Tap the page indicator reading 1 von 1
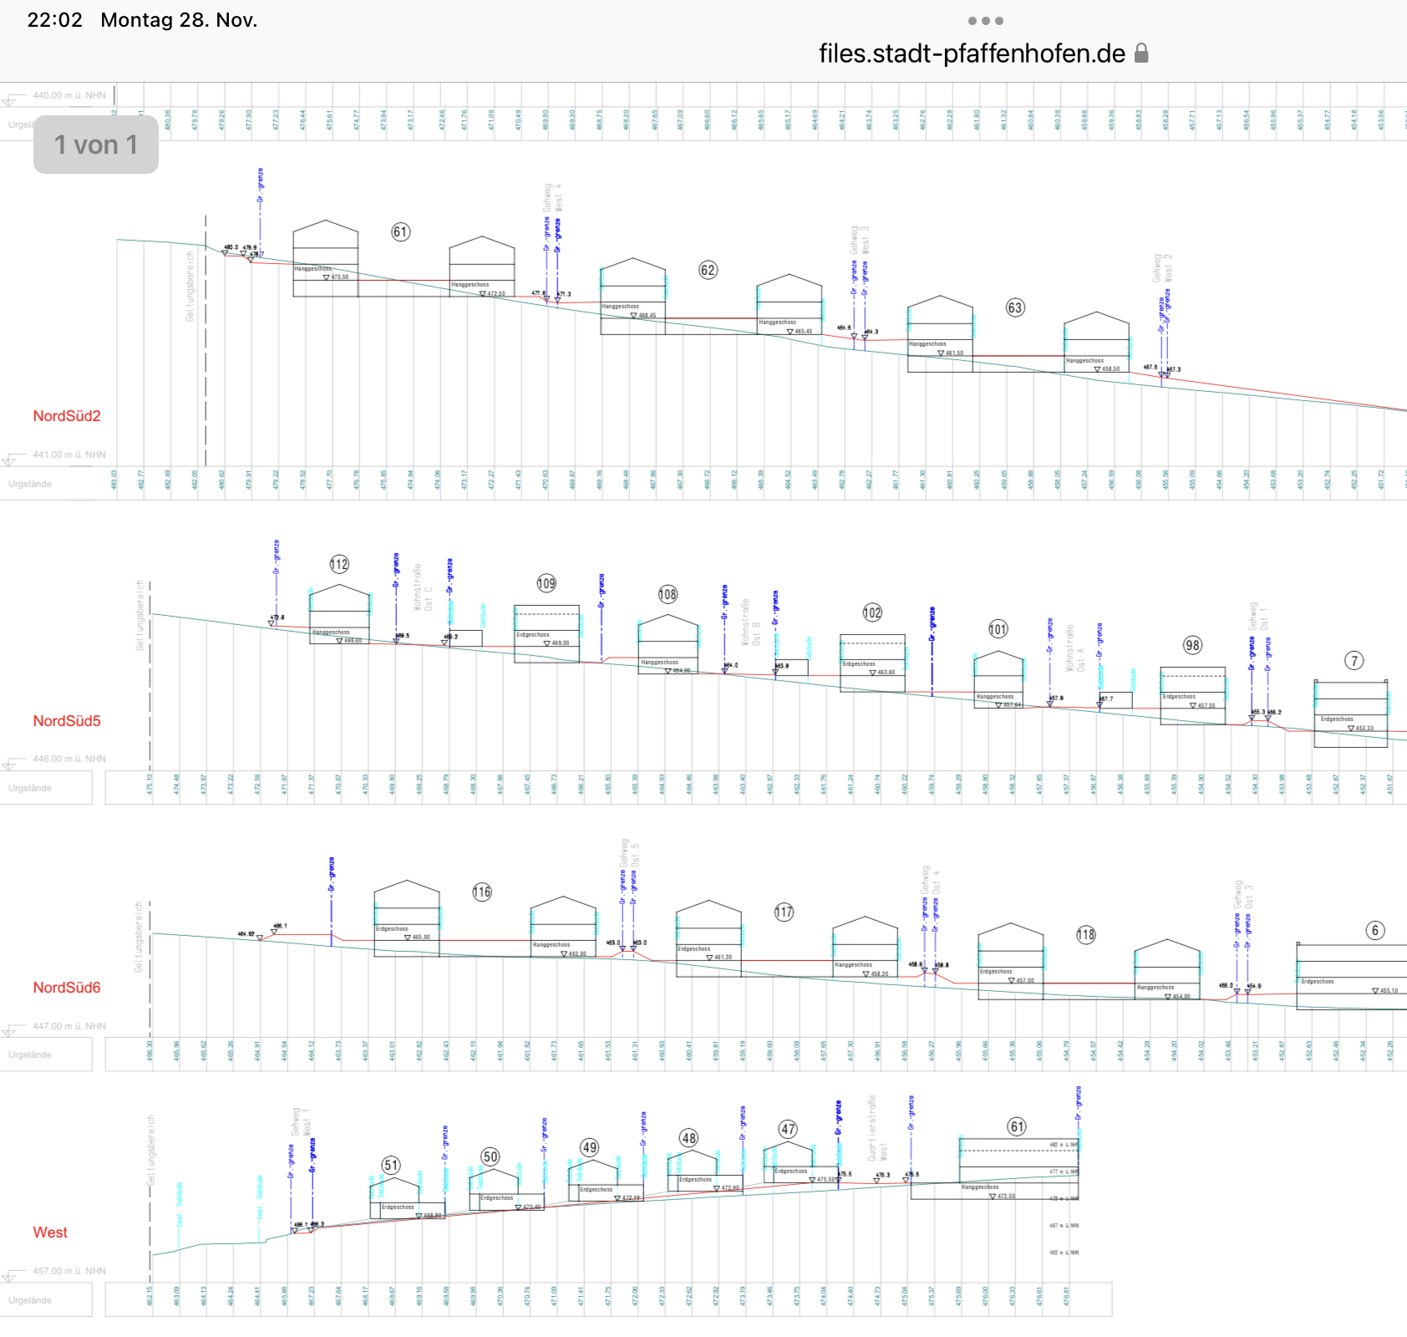(96, 145)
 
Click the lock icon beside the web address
(1141, 53)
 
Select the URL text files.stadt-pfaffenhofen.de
(972, 53)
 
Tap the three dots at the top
(986, 21)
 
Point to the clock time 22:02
(54, 20)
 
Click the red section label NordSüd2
(67, 416)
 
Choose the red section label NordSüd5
(67, 721)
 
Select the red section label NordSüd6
(67, 988)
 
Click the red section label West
(50, 1233)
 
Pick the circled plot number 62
(708, 270)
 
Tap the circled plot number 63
(1014, 308)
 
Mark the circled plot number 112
(339, 564)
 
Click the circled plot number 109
(546, 583)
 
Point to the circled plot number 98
(1192, 645)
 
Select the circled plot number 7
(1354, 661)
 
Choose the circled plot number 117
(784, 912)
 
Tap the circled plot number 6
(1375, 931)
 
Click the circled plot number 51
(391, 1165)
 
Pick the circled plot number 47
(788, 1130)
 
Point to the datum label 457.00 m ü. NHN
(69, 1271)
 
